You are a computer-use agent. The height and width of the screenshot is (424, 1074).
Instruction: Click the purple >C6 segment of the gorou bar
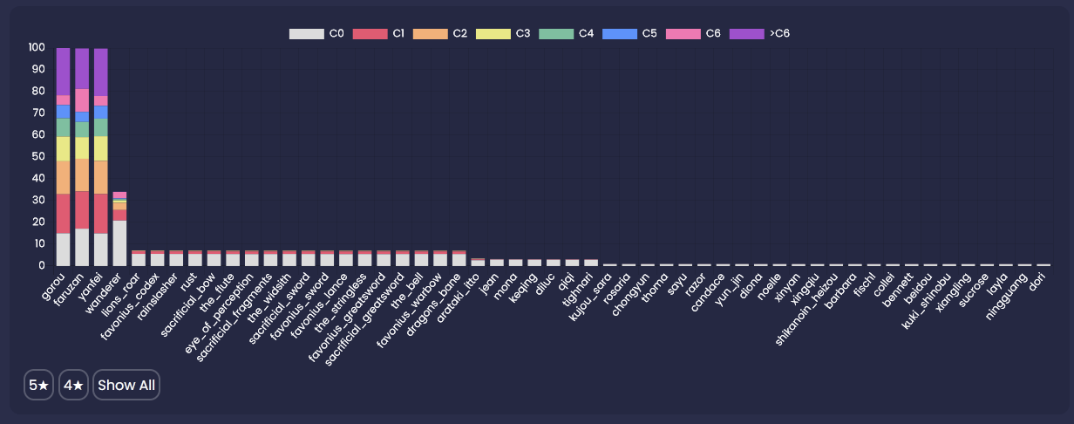[63, 72]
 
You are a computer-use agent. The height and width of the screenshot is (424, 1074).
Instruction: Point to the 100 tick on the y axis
[37, 47]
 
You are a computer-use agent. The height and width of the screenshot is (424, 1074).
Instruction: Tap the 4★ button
[74, 385]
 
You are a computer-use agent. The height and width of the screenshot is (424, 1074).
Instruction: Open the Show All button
[126, 385]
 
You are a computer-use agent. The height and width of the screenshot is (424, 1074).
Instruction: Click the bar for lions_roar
[139, 258]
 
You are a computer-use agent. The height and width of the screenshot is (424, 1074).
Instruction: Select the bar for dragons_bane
[459, 258]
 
